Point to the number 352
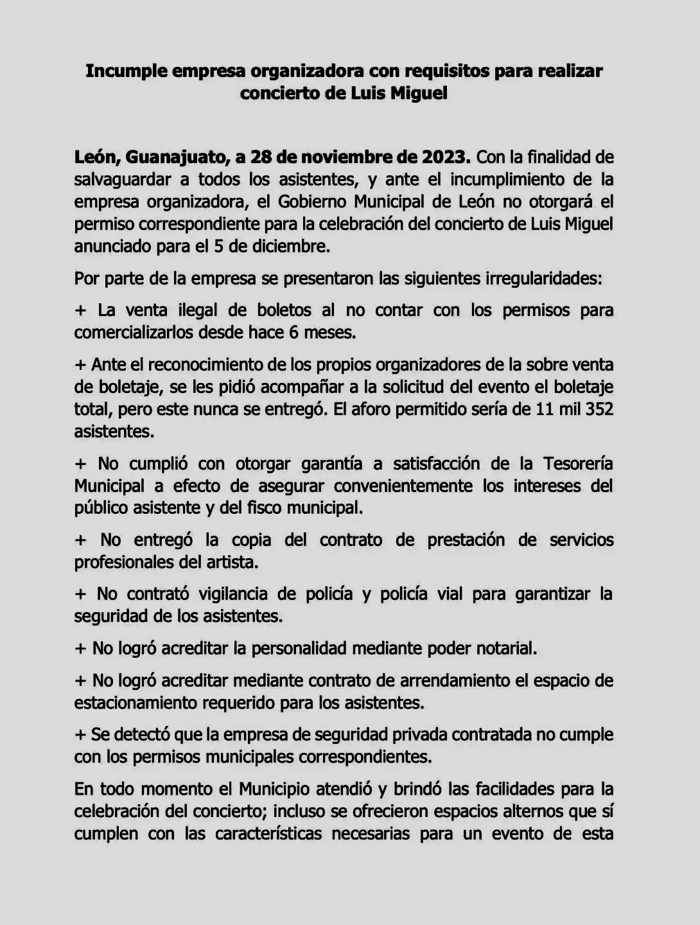599,409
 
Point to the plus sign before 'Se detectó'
80,734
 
